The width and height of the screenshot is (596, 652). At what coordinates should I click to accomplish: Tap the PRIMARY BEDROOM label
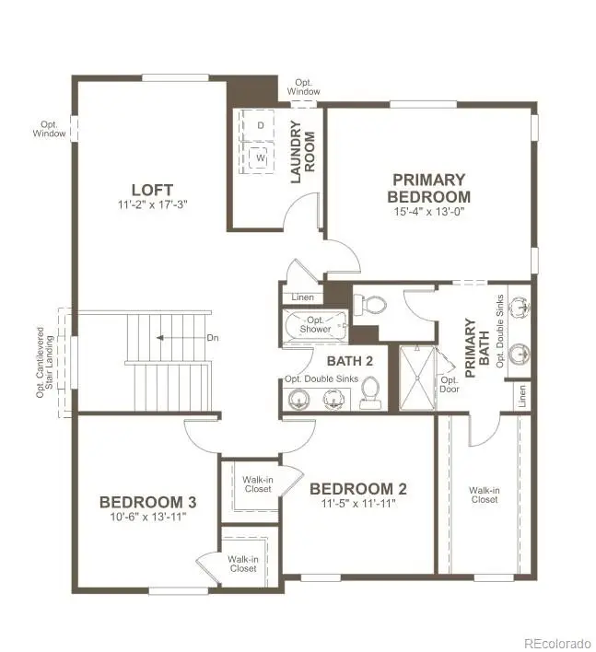click(428, 188)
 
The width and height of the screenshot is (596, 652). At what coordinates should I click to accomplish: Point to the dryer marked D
click(261, 124)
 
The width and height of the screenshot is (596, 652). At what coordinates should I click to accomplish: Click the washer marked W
click(261, 157)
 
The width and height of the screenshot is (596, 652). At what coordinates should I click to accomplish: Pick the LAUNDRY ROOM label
click(303, 152)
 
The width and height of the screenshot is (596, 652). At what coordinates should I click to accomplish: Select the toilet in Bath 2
click(370, 393)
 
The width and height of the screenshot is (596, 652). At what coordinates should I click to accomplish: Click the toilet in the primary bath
click(374, 303)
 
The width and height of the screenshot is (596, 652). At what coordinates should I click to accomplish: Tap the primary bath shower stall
click(416, 377)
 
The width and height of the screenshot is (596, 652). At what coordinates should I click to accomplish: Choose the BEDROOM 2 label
click(357, 489)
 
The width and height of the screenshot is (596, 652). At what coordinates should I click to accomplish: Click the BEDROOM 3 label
click(147, 502)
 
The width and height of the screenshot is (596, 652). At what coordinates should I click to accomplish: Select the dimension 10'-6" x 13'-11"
click(147, 518)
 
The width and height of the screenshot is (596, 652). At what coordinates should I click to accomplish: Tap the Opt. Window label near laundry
click(303, 87)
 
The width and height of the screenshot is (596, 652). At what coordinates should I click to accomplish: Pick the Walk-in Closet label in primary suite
click(484, 495)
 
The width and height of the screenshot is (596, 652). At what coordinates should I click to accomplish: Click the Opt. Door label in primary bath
click(450, 384)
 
